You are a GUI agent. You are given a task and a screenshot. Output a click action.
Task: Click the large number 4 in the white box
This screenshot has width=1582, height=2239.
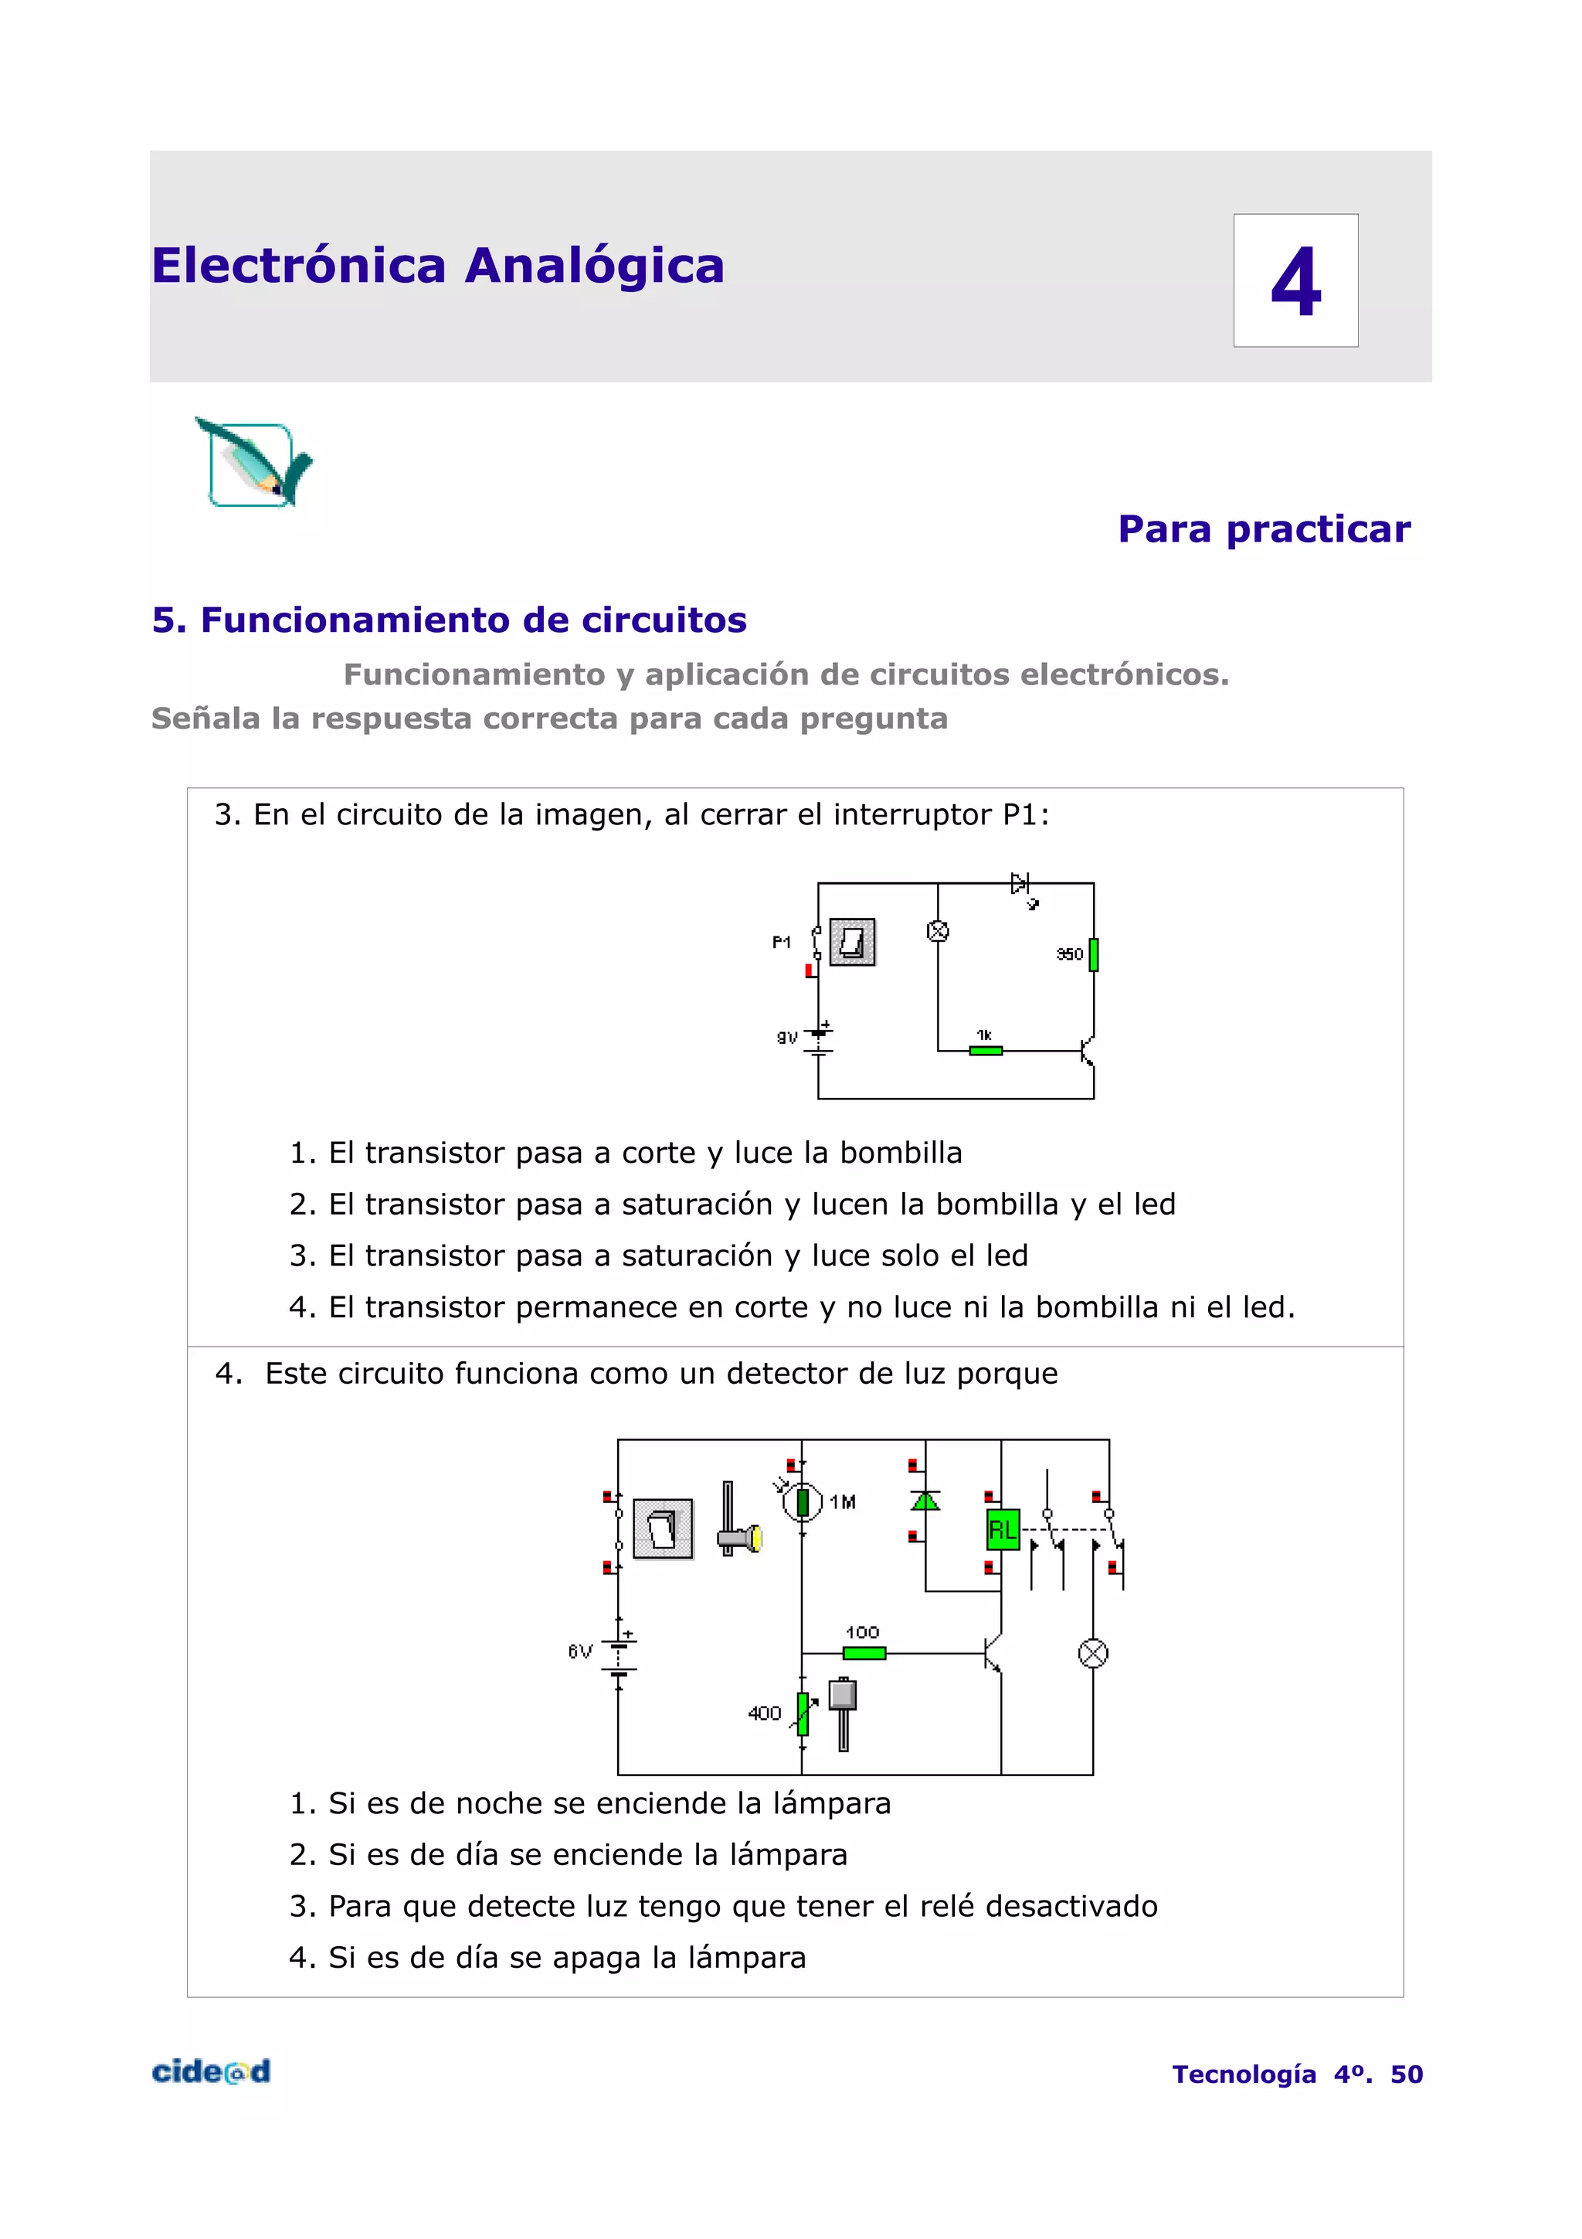tap(1295, 281)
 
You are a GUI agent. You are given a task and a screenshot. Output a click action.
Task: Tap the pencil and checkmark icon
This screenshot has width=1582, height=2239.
tap(253, 464)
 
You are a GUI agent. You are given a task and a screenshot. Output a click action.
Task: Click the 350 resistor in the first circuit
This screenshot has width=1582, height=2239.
tap(1093, 953)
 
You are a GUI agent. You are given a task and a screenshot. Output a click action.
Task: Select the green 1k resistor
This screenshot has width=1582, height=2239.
tap(986, 1050)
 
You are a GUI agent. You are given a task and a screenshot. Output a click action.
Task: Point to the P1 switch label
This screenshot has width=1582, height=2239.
tap(781, 942)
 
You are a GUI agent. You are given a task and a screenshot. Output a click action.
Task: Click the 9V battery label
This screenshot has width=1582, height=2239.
tap(786, 1038)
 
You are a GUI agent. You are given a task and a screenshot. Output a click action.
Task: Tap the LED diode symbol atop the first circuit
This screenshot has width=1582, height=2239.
tap(1020, 884)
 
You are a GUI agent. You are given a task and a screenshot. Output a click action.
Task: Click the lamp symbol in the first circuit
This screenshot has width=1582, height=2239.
tap(938, 931)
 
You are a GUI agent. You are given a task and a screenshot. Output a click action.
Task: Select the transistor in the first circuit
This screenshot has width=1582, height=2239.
tap(1087, 1052)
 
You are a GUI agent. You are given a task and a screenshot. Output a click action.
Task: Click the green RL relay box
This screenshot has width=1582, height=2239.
tap(1002, 1529)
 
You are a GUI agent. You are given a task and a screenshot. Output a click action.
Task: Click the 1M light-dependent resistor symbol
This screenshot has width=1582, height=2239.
tap(803, 1502)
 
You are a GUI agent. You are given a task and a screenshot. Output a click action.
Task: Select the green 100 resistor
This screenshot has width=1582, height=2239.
tap(864, 1653)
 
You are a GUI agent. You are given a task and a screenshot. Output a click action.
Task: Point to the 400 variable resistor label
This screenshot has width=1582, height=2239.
tap(764, 1714)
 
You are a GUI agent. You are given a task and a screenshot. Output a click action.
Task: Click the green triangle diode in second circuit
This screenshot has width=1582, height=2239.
tap(925, 1501)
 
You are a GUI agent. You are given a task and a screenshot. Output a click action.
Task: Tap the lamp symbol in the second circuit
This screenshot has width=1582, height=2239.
tap(1093, 1653)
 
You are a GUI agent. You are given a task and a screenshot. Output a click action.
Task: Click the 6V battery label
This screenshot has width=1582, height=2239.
tap(580, 1651)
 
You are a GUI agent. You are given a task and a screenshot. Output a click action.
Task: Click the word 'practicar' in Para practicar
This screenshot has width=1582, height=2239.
tap(1318, 529)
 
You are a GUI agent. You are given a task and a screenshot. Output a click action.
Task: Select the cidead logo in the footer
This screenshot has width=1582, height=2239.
tap(211, 2071)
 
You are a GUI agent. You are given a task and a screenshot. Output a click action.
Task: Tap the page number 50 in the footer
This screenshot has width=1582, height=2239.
tap(1406, 2074)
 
